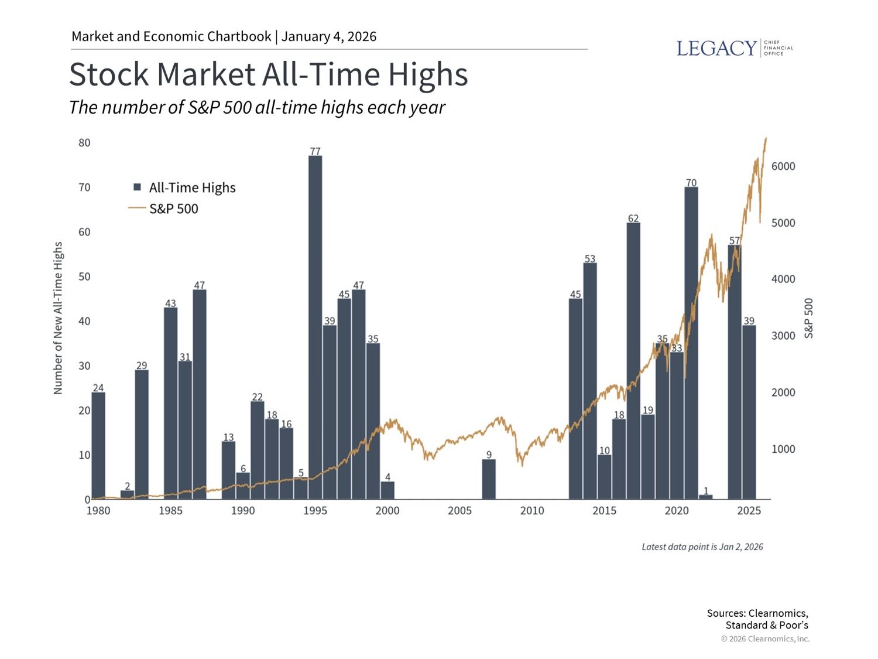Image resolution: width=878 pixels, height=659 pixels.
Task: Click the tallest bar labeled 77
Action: coord(315,328)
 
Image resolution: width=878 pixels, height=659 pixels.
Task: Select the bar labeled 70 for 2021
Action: coord(691,343)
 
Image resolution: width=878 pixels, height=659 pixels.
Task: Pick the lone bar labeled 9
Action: coord(489,479)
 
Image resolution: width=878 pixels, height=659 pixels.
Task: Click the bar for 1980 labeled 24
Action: coord(98,445)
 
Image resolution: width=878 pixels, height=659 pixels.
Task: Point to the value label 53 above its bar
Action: coord(589,258)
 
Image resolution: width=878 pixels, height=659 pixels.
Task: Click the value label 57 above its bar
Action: coord(735,241)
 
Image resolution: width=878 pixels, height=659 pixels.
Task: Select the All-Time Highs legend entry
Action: coord(185,187)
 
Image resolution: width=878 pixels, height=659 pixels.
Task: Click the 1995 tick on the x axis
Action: coord(315,511)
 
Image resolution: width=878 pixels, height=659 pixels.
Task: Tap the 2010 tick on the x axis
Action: coord(532,511)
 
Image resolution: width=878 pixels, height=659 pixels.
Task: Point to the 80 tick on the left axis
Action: coord(84,143)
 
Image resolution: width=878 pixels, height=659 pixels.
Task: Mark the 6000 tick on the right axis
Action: coord(783,166)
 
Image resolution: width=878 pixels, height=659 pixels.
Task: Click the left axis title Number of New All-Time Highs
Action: coord(58,318)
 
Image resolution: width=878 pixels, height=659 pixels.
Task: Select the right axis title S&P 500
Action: coord(809,318)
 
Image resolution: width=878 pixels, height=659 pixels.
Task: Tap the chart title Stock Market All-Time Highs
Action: coord(269,74)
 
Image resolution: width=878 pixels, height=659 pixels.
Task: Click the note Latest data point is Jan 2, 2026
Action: coord(702,547)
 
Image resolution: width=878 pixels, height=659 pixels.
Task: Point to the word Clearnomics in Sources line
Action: coord(778,613)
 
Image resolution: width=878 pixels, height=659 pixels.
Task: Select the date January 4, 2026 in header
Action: coord(329,36)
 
